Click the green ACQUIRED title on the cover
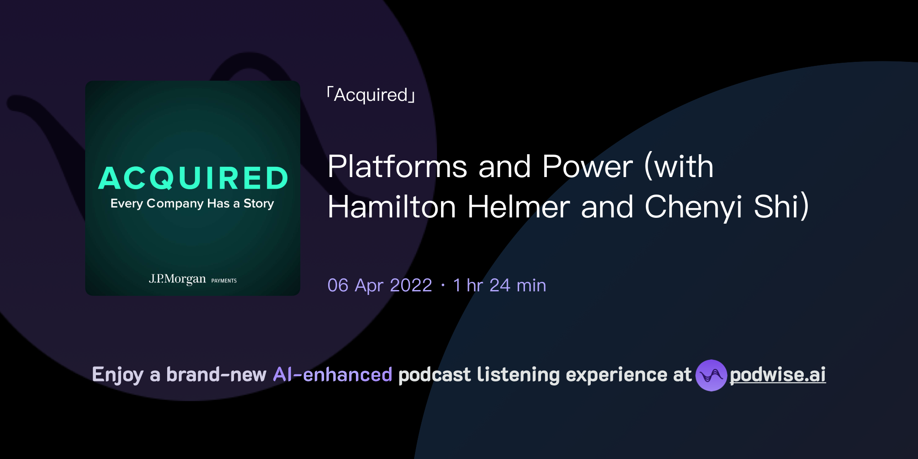click(x=193, y=178)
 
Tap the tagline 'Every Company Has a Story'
click(x=192, y=204)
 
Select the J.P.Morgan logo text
click(x=178, y=279)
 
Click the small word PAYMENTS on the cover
click(x=224, y=281)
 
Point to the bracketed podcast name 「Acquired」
click(x=371, y=95)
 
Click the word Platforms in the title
click(x=397, y=167)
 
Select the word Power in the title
click(x=587, y=167)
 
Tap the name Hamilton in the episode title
click(x=391, y=207)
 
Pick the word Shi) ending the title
click(x=781, y=207)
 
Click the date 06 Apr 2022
click(x=380, y=286)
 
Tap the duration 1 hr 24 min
click(x=499, y=286)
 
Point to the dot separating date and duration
click(x=443, y=286)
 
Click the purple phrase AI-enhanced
click(x=333, y=375)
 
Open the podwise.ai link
click(x=777, y=375)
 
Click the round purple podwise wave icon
click(x=711, y=375)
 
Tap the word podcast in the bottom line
click(x=434, y=375)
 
